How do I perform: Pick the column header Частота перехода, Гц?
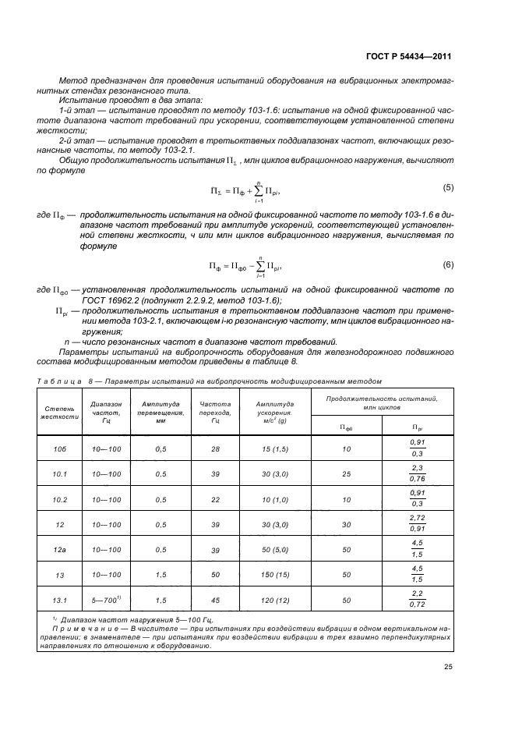click(x=215, y=412)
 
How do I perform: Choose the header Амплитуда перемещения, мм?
click(x=161, y=412)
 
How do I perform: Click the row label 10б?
click(x=59, y=449)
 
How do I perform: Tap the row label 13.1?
click(x=59, y=600)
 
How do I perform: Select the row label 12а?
click(x=59, y=550)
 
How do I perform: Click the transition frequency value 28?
click(x=215, y=449)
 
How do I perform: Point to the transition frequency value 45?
click(x=215, y=600)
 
